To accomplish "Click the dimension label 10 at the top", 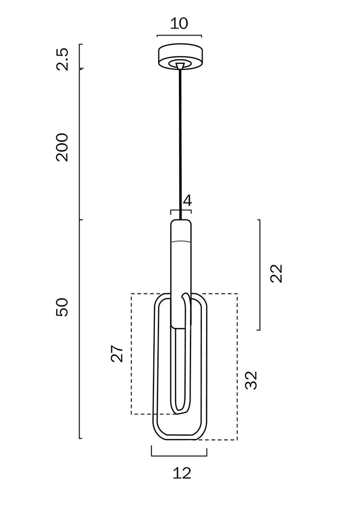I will (179, 23).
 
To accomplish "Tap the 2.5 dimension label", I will (62, 58).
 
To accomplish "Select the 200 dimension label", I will (62, 147).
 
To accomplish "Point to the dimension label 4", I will (187, 201).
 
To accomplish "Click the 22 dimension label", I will (276, 273).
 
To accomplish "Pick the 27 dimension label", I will (116, 353).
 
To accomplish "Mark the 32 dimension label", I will (251, 380).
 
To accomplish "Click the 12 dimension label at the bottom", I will (182, 472).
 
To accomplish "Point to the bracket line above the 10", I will (179, 36).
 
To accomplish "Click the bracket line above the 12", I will (179, 455).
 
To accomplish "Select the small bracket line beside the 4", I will (180, 210).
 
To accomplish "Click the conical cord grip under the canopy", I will (179, 65).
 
